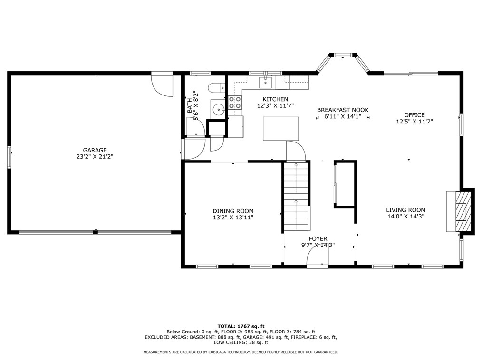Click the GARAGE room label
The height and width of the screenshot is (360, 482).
pos(95,150)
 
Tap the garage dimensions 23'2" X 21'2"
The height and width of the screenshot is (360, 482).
pos(95,156)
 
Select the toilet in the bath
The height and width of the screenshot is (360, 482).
pos(216,87)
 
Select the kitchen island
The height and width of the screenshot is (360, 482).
pos(281,128)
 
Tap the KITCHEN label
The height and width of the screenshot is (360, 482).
pos(275,99)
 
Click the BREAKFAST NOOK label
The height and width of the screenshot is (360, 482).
pos(342,110)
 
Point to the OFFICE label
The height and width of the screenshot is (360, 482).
pos(414,115)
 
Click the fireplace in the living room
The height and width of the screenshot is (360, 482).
pos(460,210)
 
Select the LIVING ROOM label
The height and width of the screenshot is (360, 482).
pos(405,210)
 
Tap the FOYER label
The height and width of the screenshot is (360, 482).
pos(318,239)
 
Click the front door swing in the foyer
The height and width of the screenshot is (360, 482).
pos(316,257)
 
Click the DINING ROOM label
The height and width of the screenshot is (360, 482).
pos(233,211)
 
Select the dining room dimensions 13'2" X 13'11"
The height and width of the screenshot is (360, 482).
pos(233,218)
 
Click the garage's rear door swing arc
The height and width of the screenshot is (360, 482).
pos(162,85)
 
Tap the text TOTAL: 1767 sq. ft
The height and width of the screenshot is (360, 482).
pos(241,326)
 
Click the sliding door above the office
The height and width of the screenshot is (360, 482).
pos(411,73)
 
